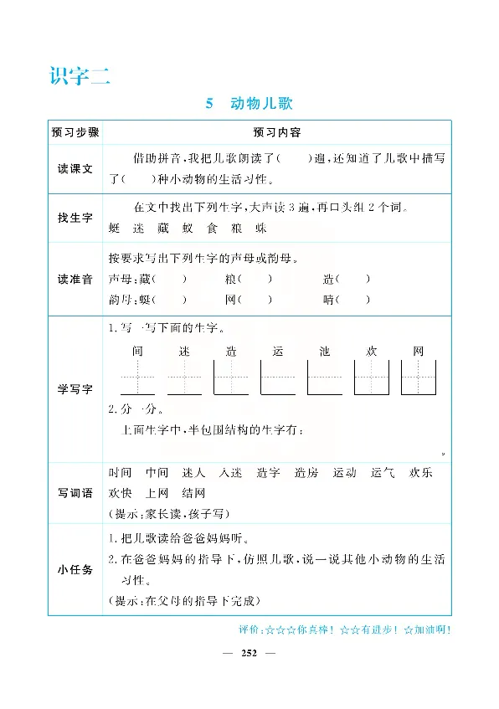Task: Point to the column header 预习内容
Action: [276, 132]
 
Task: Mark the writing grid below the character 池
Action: [326, 378]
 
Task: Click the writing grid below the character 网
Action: [419, 378]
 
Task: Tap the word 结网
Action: [193, 493]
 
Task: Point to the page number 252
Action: [248, 651]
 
